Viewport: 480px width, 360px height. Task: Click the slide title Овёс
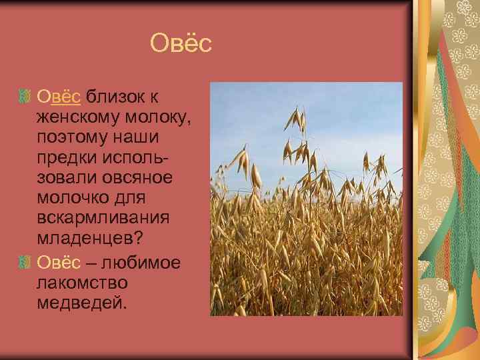click(x=181, y=44)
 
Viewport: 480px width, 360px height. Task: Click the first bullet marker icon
click(x=25, y=98)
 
